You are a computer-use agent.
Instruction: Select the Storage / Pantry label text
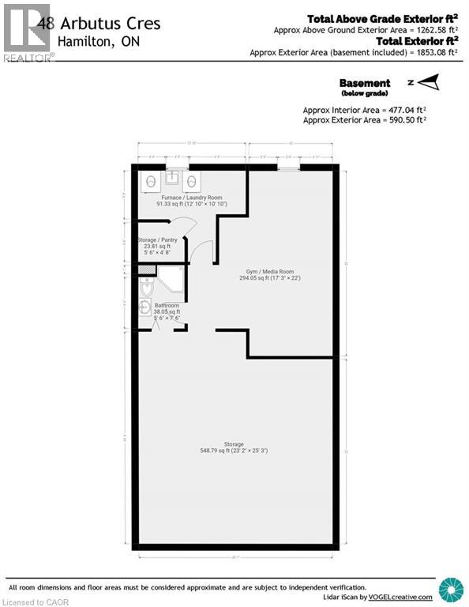pos(157,239)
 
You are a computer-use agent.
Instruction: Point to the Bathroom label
pos(167,305)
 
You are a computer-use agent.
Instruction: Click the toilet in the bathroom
pos(145,289)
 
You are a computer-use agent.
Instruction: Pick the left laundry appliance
pos(151,182)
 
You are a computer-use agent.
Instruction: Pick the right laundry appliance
pos(192,182)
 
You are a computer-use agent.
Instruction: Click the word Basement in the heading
pos(365,83)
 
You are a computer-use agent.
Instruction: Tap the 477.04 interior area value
pos(400,110)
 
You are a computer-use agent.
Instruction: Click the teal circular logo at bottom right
pos(451,590)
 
